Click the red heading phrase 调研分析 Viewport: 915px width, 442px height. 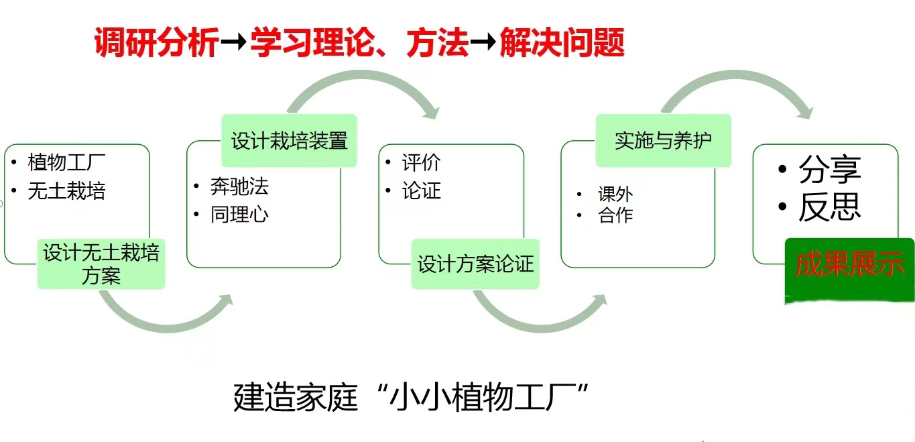click(x=157, y=42)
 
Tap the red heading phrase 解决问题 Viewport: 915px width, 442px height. click(x=562, y=42)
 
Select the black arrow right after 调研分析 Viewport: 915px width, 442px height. click(x=234, y=42)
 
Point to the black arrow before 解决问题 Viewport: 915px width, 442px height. click(x=483, y=42)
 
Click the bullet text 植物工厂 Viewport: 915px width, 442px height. click(x=66, y=162)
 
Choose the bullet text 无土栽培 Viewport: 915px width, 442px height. click(x=66, y=191)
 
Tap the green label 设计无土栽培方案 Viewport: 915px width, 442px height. click(x=101, y=264)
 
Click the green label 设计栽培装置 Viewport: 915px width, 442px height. click(x=289, y=141)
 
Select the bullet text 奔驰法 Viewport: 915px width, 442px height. click(x=239, y=186)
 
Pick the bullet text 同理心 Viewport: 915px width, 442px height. click(x=239, y=215)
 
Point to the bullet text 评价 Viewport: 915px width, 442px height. click(x=421, y=162)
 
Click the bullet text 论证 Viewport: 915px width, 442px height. click(x=421, y=191)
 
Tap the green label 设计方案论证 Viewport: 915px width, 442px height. click(x=475, y=264)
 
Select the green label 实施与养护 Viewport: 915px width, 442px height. click(x=664, y=141)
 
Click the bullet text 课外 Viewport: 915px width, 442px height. click(x=615, y=195)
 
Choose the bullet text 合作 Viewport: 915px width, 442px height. click(x=615, y=215)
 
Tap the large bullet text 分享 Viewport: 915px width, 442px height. click(x=830, y=169)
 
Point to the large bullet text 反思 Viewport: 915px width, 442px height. click(x=830, y=207)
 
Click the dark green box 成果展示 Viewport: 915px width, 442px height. click(x=849, y=270)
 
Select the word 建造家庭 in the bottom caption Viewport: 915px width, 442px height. click(x=296, y=397)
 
